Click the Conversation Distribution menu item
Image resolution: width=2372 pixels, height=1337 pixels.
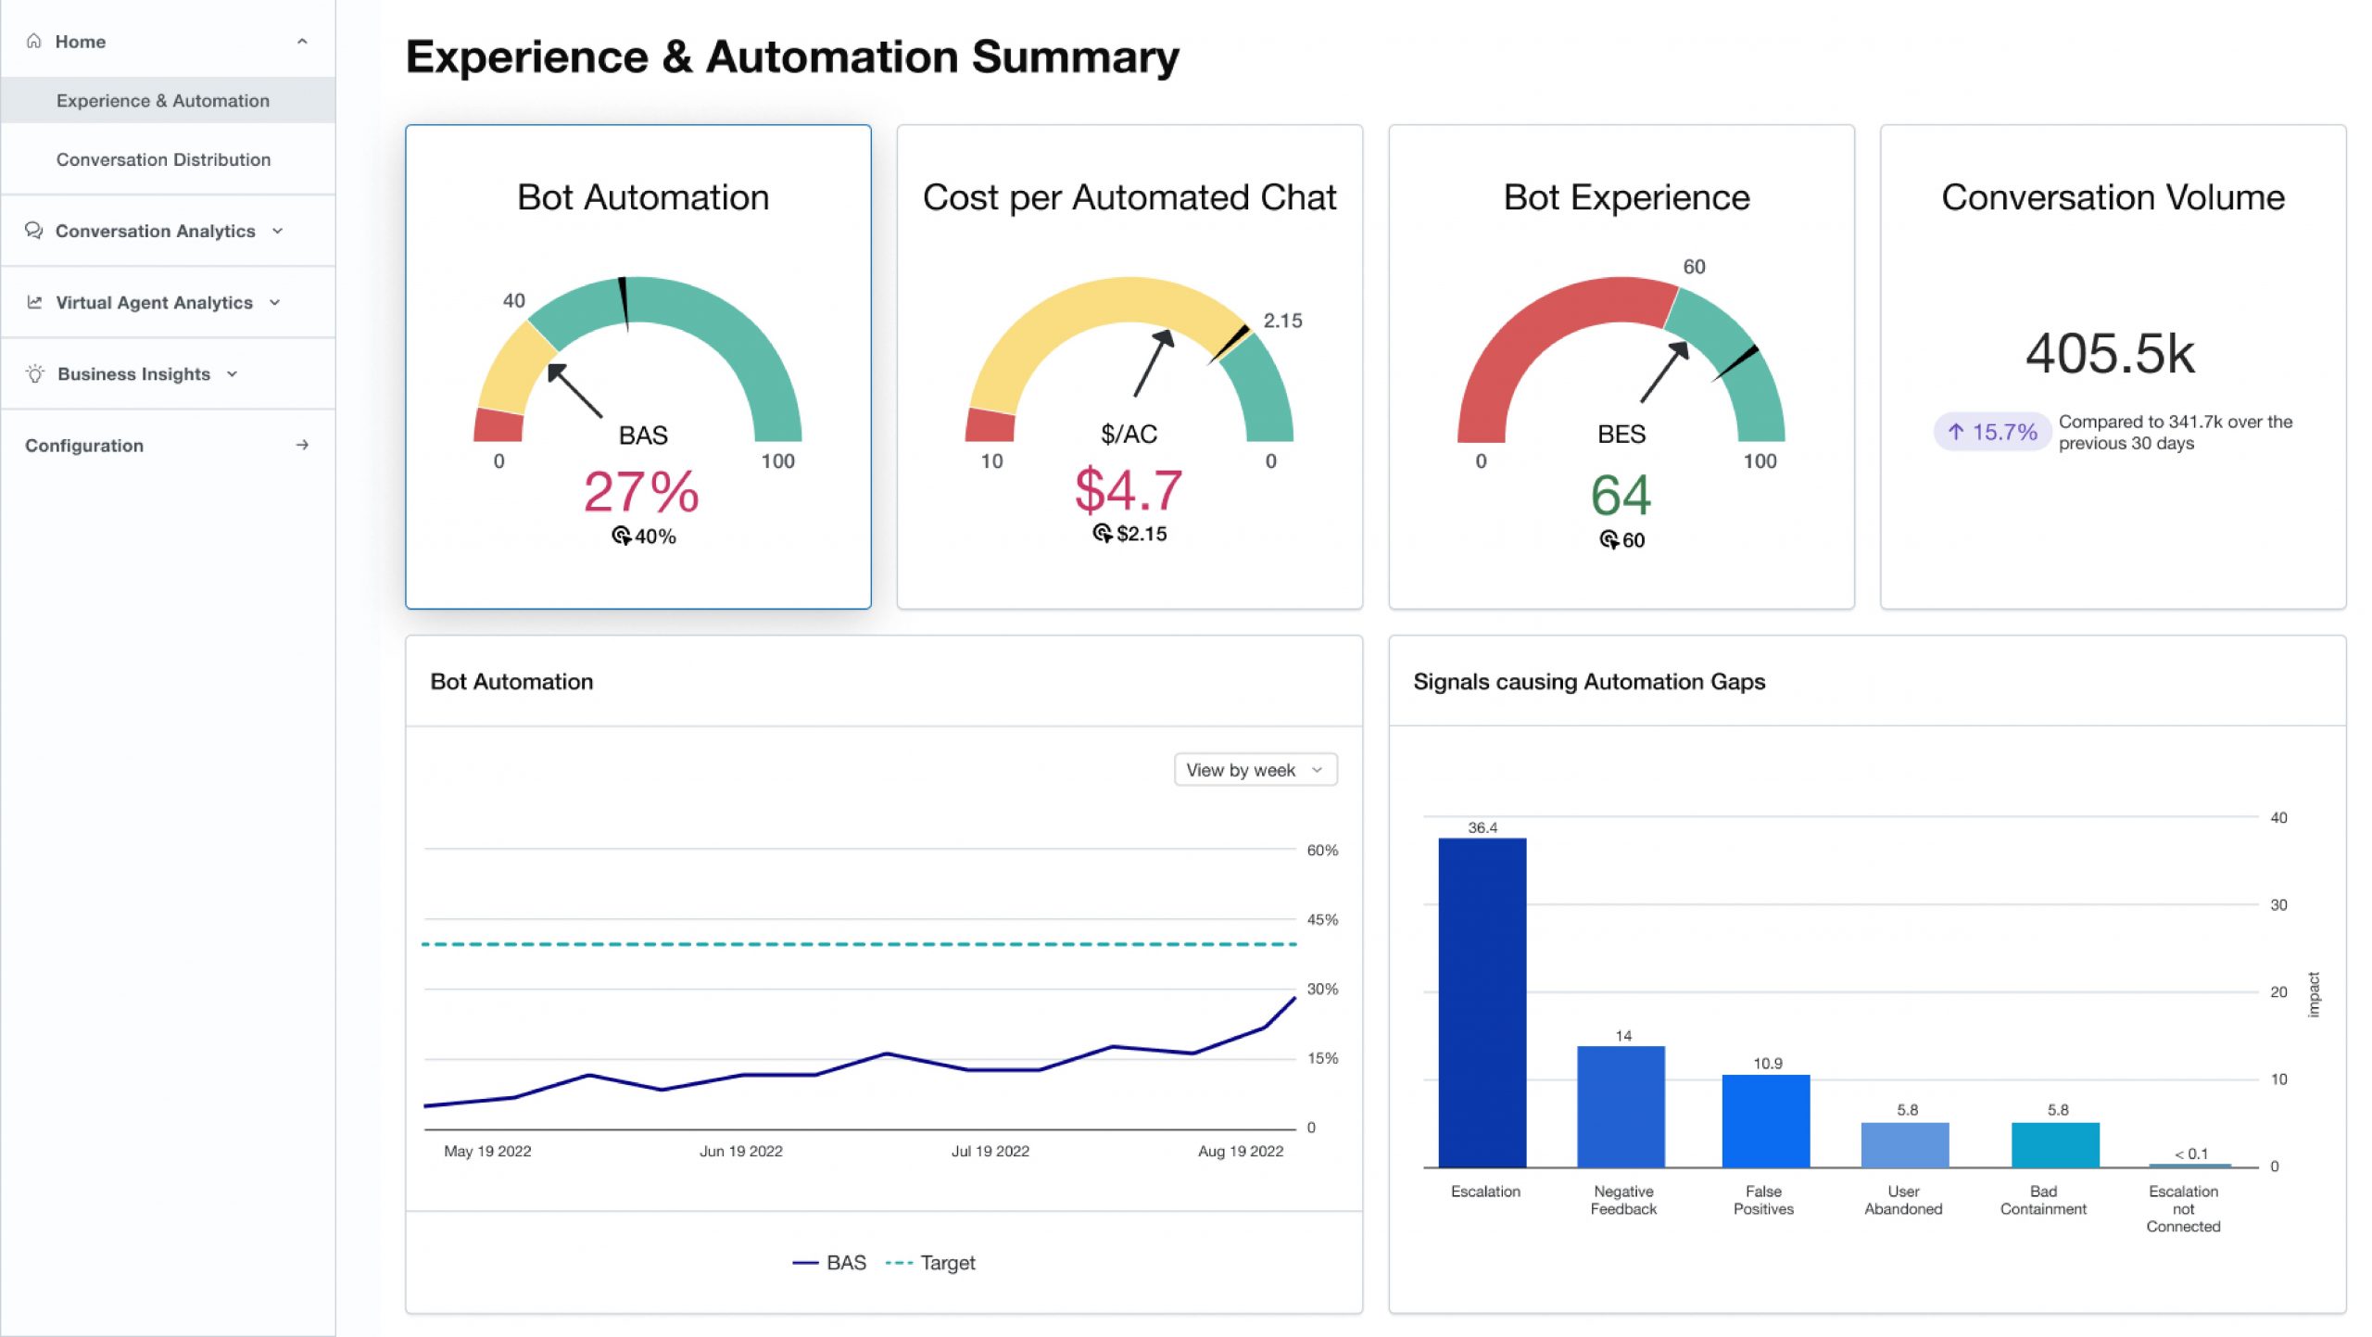(163, 159)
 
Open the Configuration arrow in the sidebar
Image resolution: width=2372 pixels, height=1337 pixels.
(302, 446)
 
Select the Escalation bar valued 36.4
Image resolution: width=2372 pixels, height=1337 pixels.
(1482, 1002)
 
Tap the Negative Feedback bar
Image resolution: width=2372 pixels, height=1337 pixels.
(1621, 1106)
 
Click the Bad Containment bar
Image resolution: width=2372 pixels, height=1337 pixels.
(2054, 1144)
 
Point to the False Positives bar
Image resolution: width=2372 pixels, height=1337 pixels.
(1765, 1120)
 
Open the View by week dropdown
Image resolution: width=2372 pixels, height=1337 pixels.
(1255, 770)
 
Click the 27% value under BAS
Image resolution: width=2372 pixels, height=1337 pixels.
(641, 491)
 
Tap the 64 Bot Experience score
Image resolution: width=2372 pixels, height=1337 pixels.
(1621, 495)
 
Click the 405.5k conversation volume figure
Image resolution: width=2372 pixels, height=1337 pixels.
(2110, 353)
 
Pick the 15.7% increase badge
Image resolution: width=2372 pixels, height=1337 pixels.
(1991, 432)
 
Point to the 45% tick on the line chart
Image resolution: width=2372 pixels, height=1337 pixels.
(1322, 920)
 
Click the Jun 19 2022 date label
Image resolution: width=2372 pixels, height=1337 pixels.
(740, 1151)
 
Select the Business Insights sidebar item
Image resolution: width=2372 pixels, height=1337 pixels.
(133, 374)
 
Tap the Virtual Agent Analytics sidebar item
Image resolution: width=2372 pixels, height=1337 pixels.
(154, 303)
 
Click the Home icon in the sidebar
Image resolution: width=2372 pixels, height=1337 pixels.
(34, 42)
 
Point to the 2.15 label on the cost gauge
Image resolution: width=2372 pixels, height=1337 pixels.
(1282, 321)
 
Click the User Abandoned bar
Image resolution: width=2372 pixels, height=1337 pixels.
(1904, 1144)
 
